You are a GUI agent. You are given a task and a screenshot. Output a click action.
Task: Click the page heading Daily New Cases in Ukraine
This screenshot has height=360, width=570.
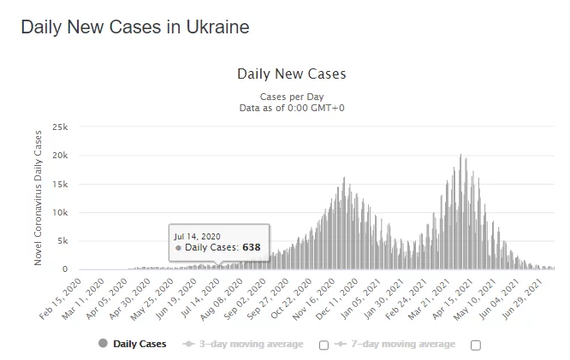[x=135, y=27]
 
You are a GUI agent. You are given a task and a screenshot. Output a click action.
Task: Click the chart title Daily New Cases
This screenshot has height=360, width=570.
[x=291, y=74]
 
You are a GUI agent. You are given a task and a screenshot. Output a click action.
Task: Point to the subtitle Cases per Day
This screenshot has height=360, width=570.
[x=292, y=97]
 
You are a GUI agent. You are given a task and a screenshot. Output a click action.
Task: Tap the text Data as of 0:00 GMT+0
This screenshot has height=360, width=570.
[x=292, y=108]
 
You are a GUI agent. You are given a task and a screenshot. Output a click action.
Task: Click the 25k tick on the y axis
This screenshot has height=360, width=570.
[x=59, y=127]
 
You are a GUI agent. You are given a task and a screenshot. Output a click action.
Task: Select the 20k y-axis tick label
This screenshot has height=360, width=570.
[x=59, y=155]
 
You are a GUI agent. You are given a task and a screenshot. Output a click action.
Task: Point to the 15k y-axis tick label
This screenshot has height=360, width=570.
[x=59, y=184]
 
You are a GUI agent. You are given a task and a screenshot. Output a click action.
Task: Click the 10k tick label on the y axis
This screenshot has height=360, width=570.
[x=59, y=212]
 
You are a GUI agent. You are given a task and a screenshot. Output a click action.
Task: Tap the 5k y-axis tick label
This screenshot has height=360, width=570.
[x=62, y=241]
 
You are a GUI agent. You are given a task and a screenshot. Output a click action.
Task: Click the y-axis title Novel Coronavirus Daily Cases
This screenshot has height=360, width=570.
[x=39, y=198]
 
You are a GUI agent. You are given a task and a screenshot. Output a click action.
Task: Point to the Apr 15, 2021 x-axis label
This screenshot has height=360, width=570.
[x=463, y=295]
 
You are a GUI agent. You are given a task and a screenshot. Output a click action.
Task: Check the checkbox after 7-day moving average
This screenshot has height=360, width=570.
[x=476, y=345]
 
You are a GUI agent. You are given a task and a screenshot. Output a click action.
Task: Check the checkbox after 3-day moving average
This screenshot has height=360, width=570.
[x=324, y=345]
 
